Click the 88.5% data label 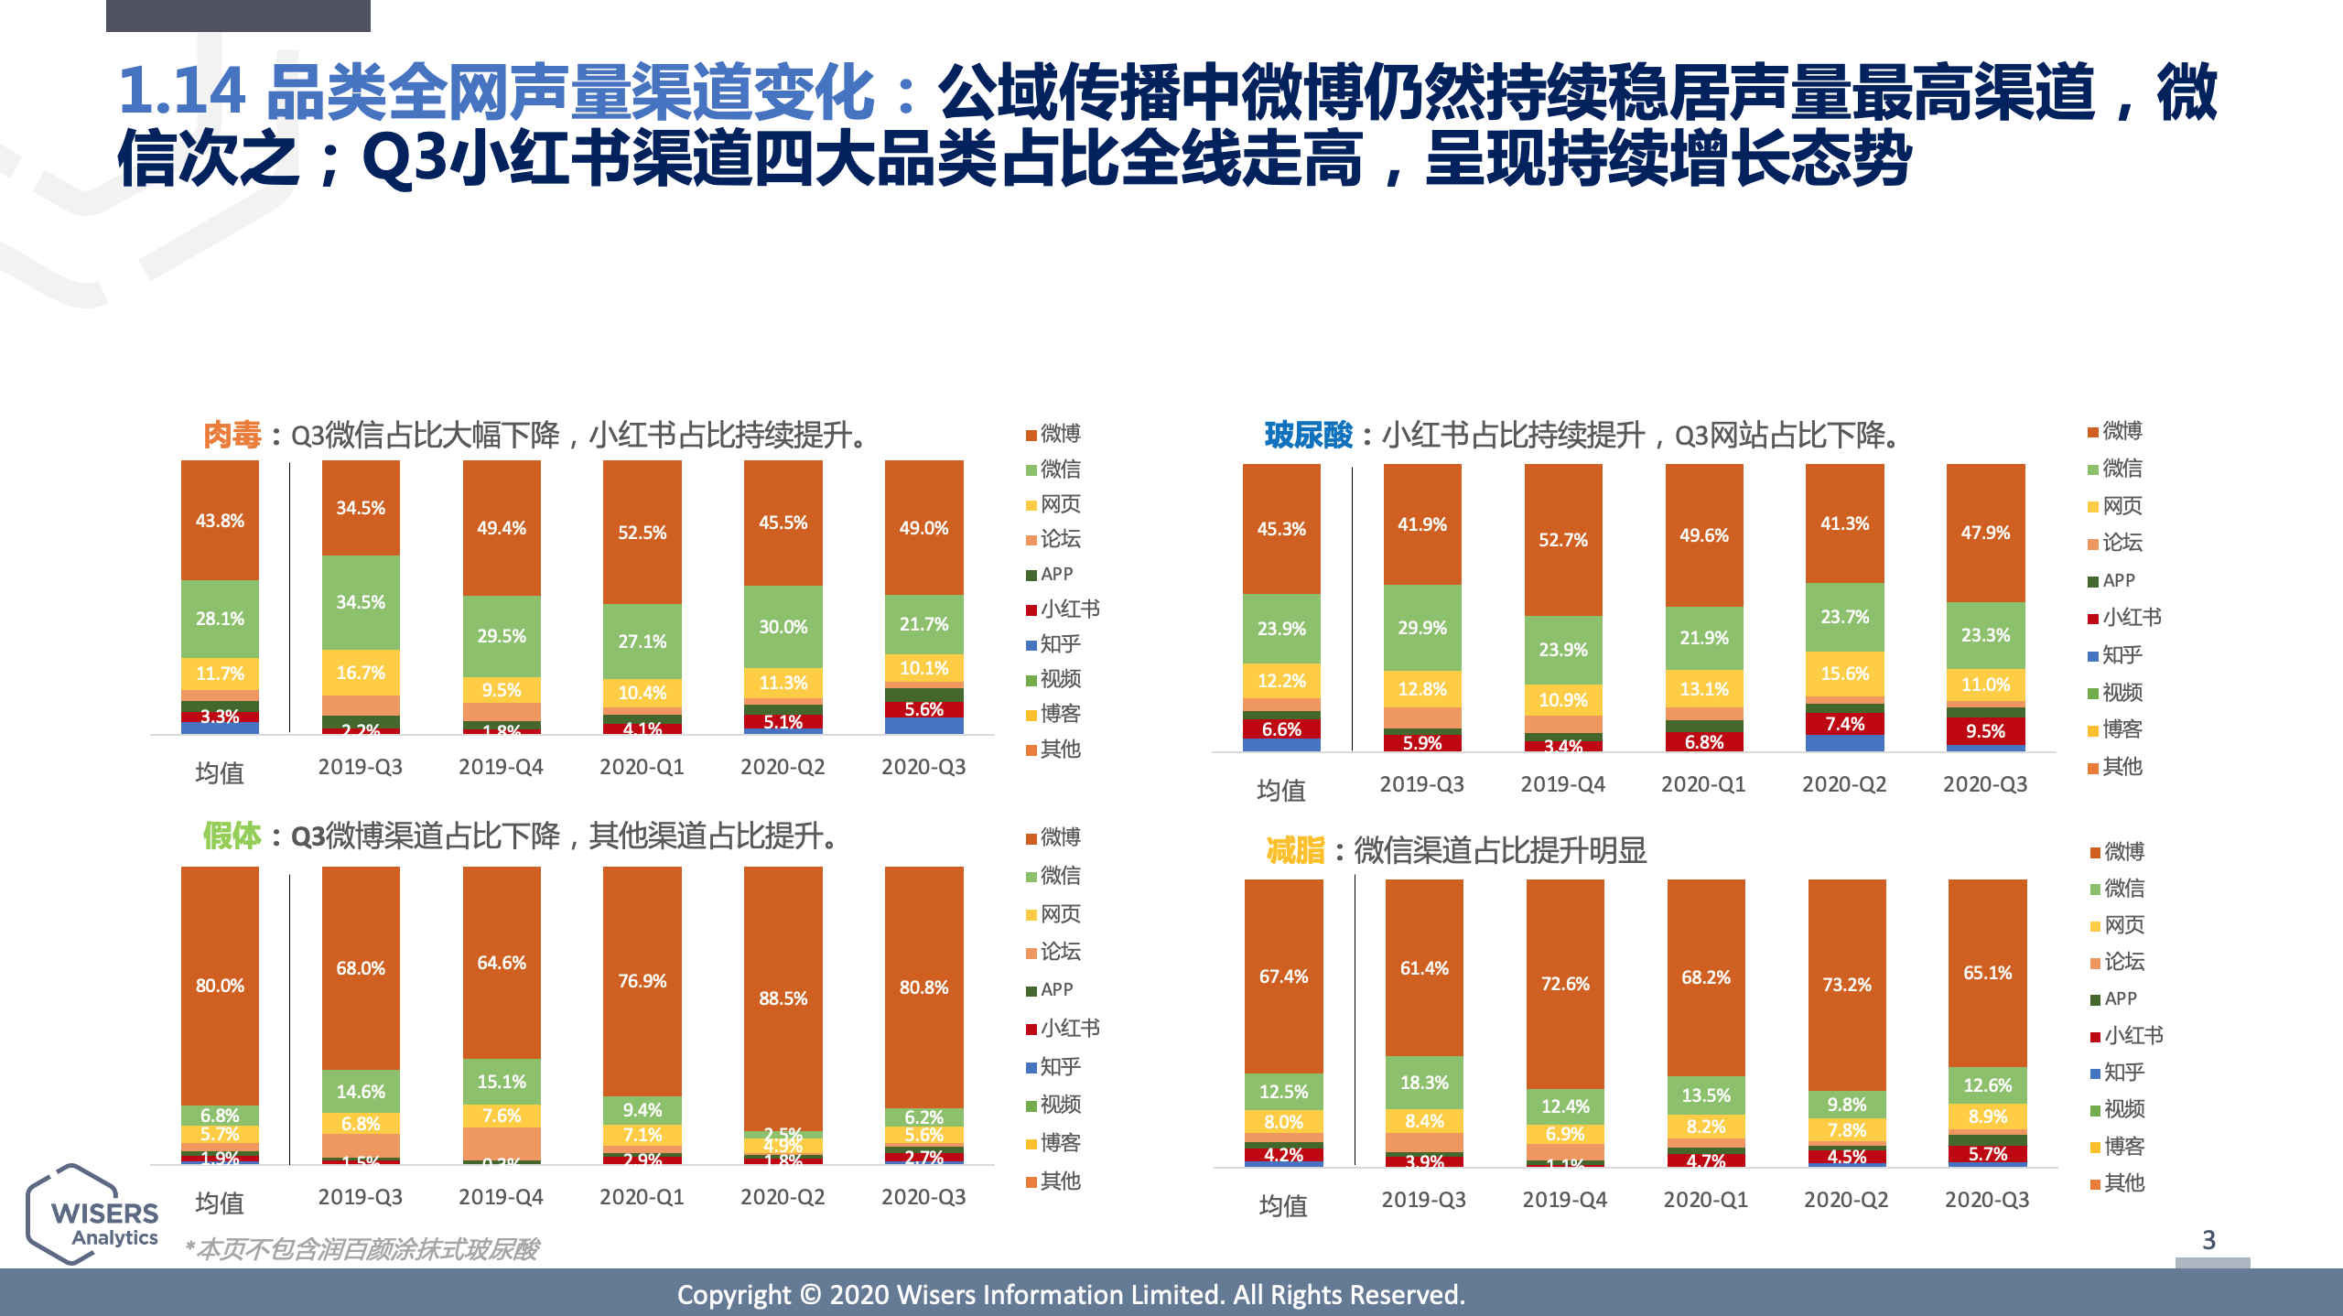[783, 998]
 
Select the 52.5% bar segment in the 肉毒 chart [642, 533]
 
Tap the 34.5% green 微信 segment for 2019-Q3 [361, 602]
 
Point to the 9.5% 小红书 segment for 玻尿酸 [1985, 731]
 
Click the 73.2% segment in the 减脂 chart [1846, 985]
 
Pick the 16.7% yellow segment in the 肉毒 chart [361, 673]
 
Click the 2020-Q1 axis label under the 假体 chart [642, 1197]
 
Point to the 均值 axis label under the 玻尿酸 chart [1281, 790]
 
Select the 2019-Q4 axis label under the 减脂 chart [1564, 1200]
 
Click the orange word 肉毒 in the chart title [232, 435]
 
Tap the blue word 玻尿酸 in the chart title [1308, 435]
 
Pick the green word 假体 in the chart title [232, 836]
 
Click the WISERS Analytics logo [93, 1215]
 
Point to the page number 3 [2208, 1240]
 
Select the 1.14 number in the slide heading [181, 92]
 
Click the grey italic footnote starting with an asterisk [362, 1249]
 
